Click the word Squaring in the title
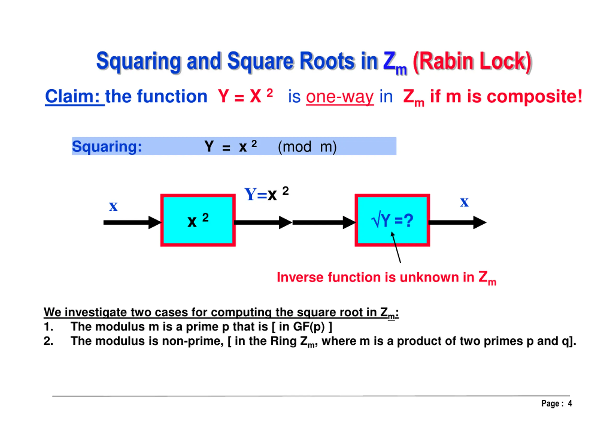[x=138, y=61]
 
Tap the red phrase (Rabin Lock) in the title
[x=472, y=61]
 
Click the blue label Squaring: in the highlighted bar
[x=107, y=146]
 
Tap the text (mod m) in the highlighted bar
[x=307, y=147]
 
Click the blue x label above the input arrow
[x=113, y=206]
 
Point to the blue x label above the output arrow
[x=464, y=202]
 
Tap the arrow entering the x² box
[x=132, y=222]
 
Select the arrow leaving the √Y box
[x=457, y=222]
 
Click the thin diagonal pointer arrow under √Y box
[x=396, y=248]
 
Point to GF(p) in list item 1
[x=309, y=327]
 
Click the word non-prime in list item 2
[x=192, y=341]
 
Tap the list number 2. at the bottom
[x=48, y=341]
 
